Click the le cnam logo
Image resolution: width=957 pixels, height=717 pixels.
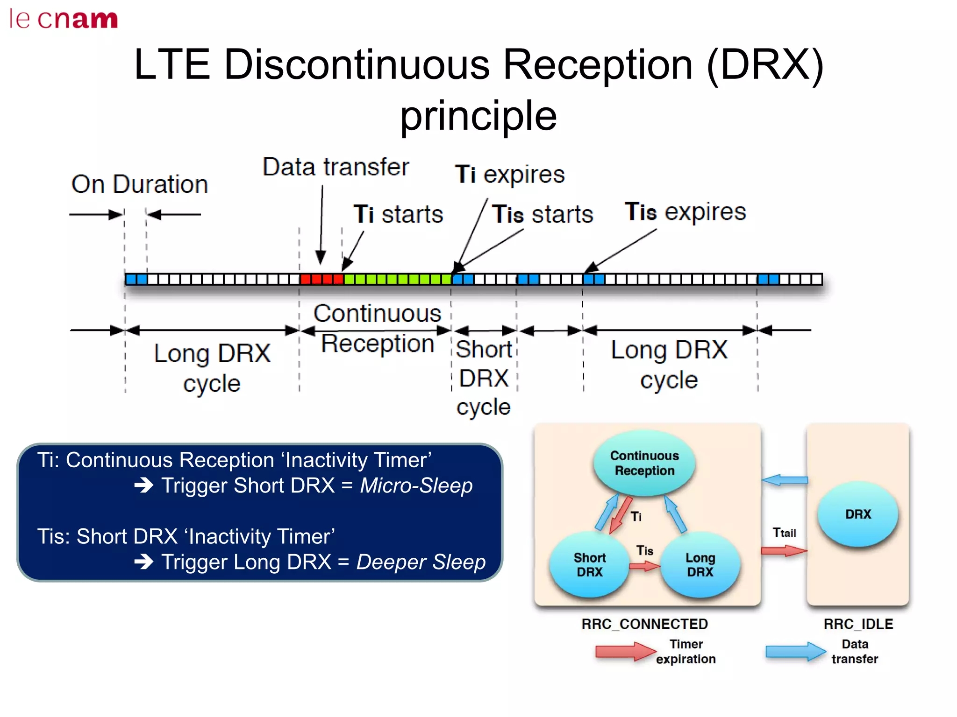(64, 19)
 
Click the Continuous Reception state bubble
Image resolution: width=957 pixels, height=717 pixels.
(644, 463)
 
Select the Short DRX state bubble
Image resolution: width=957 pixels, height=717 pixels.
(589, 565)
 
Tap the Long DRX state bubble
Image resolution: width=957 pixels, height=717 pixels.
(700, 565)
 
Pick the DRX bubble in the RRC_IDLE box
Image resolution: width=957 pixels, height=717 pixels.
(858, 514)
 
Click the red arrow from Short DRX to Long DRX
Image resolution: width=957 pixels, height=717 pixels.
(644, 567)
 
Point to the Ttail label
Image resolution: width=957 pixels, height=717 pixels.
(784, 533)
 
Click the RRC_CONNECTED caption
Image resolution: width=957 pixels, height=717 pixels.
(644, 624)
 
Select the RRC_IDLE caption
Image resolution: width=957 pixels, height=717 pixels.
(858, 624)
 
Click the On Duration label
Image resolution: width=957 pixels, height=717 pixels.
(139, 184)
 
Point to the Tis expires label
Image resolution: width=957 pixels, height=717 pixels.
(685, 212)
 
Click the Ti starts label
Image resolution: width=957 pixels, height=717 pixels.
(398, 214)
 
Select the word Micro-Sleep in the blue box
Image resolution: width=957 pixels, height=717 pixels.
(416, 485)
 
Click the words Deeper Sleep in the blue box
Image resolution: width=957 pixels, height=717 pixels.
(421, 562)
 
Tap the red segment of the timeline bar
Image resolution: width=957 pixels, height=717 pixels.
(321, 280)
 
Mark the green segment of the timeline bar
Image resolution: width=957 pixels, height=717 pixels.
(398, 280)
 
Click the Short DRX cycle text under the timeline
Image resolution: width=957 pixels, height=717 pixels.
(484, 378)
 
